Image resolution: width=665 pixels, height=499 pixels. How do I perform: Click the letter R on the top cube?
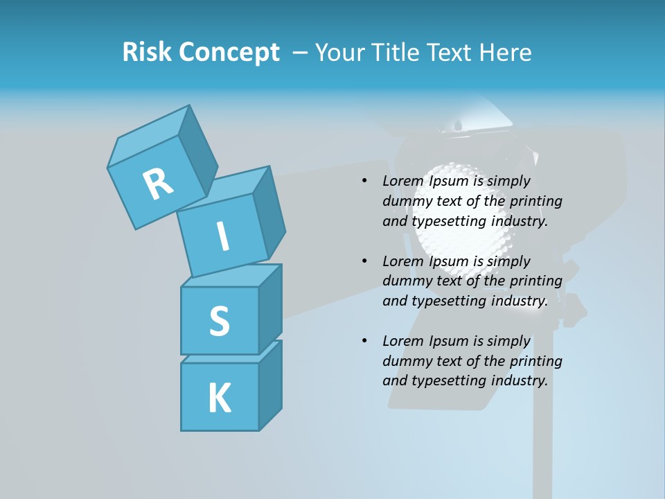(158, 183)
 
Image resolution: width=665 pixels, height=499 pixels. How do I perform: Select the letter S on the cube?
(219, 321)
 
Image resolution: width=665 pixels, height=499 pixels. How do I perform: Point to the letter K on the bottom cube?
(219, 399)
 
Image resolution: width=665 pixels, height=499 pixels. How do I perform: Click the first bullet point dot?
(364, 181)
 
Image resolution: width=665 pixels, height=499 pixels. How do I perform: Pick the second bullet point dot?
(364, 261)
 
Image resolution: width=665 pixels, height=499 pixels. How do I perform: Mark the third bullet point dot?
(364, 341)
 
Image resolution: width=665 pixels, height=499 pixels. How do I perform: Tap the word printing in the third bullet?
(535, 361)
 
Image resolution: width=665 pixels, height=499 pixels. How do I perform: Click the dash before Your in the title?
(300, 52)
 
